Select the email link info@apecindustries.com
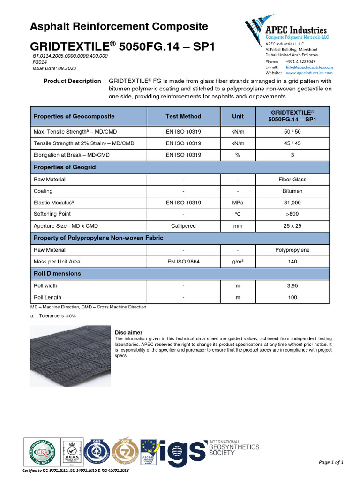(309, 67)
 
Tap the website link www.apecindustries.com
(309, 73)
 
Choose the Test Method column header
(183, 116)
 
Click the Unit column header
(238, 116)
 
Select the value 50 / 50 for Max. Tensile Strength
(293, 132)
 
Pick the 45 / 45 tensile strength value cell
(293, 143)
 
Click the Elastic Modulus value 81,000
(293, 202)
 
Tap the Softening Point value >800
(293, 214)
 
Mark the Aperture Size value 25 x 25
(293, 226)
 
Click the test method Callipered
(183, 226)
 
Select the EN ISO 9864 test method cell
(183, 262)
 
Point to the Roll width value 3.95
(293, 285)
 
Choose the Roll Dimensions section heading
(57, 273)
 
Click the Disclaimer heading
(128, 333)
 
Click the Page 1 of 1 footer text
(331, 463)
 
